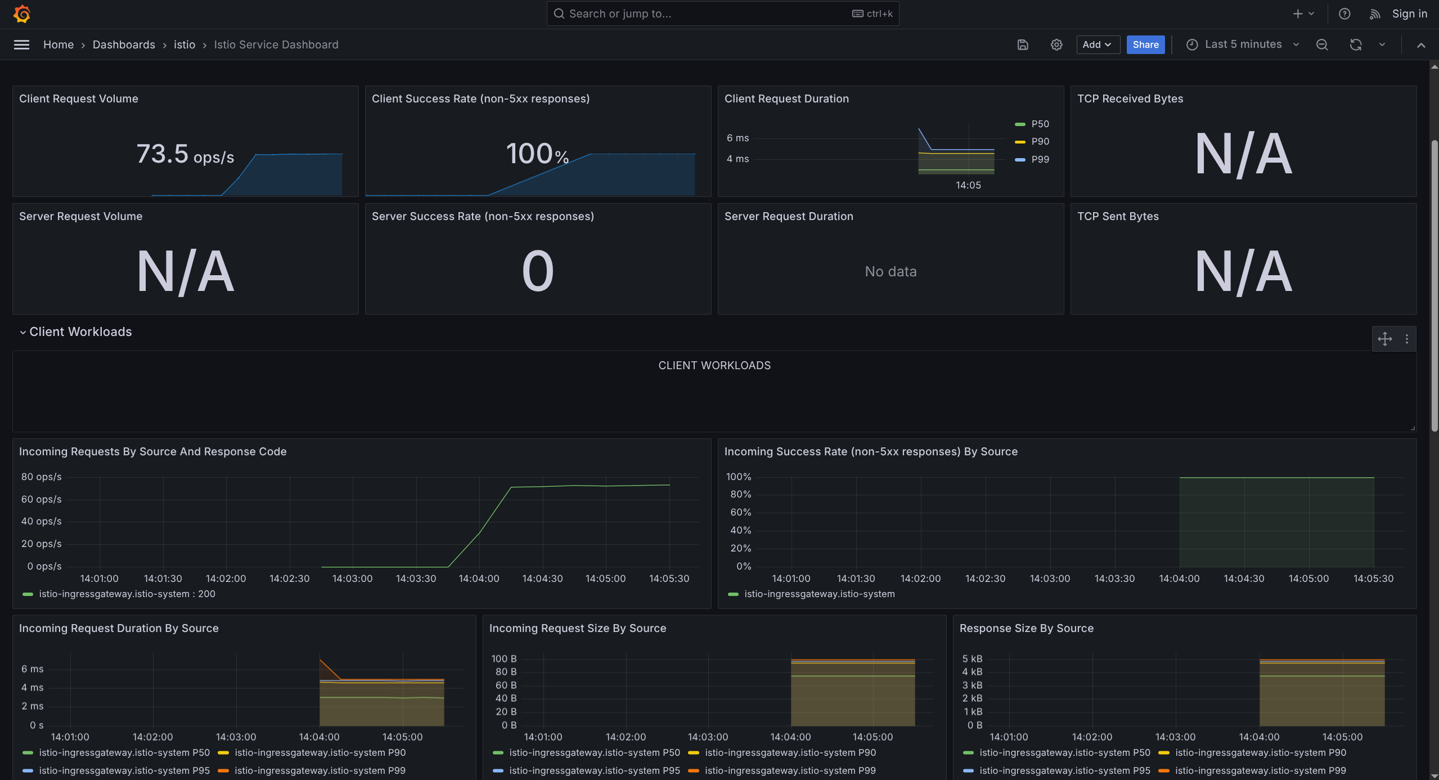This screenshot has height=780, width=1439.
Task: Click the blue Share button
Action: [x=1145, y=44]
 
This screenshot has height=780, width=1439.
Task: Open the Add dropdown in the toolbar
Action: [x=1097, y=44]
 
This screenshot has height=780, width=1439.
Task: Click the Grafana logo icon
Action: [x=22, y=14]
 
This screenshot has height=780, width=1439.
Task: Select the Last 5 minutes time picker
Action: [x=1243, y=44]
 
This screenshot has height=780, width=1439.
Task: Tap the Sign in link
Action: [x=1409, y=14]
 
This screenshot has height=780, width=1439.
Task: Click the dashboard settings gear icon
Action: [x=1056, y=44]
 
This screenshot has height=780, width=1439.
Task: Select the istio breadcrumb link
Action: [x=184, y=44]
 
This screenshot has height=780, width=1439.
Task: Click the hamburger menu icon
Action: [x=21, y=44]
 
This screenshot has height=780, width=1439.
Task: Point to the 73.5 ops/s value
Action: [x=185, y=154]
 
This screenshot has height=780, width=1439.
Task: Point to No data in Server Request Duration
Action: [x=891, y=271]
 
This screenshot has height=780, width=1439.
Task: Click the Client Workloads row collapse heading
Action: [x=80, y=332]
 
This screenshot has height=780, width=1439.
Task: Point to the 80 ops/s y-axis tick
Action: [x=41, y=477]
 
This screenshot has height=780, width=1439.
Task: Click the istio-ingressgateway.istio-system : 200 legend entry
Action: [x=127, y=594]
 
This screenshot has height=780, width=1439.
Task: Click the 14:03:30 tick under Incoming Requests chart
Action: [x=416, y=579]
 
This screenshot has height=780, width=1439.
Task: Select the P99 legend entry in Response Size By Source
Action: [x=1260, y=770]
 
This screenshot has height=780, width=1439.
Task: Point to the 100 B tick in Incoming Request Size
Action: [x=503, y=658]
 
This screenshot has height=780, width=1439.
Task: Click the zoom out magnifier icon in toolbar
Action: [x=1321, y=44]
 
